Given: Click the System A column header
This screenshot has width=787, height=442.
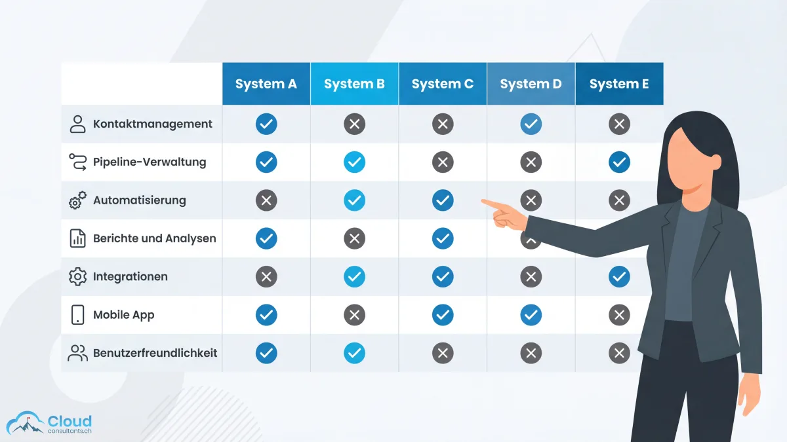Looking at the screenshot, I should [x=266, y=84].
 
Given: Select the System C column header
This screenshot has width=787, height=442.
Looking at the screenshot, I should [x=442, y=84].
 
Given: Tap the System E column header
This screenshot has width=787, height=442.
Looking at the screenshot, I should [x=618, y=84].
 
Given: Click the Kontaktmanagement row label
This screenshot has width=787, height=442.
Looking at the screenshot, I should [x=152, y=124].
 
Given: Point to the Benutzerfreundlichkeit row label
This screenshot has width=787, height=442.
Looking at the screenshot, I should [x=155, y=353].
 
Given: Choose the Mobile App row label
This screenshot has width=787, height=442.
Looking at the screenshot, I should [x=123, y=315].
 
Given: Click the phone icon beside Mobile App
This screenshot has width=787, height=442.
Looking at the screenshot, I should [x=77, y=314].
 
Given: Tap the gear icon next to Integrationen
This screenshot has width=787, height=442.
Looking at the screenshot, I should [x=77, y=276].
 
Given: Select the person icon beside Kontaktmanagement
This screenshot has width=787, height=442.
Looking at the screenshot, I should [x=77, y=124].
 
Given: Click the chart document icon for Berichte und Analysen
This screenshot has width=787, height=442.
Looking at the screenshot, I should [x=77, y=238].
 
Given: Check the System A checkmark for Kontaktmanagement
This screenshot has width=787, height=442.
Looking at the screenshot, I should [x=266, y=124].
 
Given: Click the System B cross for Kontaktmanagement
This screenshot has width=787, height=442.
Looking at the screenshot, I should [x=354, y=124].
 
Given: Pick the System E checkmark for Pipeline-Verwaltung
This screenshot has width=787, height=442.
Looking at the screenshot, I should [x=618, y=162].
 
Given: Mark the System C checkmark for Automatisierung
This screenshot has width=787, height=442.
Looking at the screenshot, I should [x=442, y=200].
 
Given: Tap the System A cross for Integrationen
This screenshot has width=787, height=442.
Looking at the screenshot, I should [x=266, y=277].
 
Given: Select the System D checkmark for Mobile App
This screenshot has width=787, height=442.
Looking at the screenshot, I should [x=531, y=315].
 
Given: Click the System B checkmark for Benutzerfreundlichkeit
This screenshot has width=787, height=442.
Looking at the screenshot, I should [x=354, y=353].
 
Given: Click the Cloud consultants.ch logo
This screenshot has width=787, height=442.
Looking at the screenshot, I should [x=49, y=424].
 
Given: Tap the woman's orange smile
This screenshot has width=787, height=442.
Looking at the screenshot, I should [x=691, y=189].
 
